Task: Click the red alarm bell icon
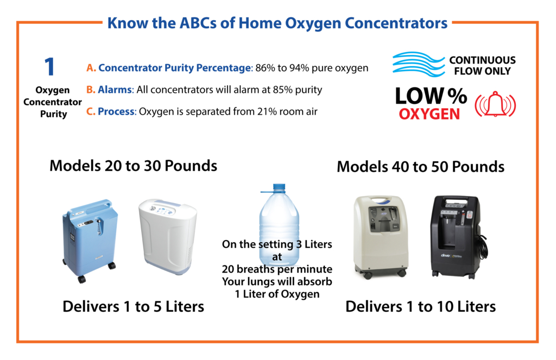(495, 104)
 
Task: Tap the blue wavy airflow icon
(419, 64)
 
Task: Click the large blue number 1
(49, 67)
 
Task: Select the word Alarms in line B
(115, 90)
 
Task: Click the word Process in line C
(116, 111)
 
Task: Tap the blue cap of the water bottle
(279, 188)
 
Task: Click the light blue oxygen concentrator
(90, 240)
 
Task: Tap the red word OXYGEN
(429, 114)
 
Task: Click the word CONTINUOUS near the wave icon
(482, 60)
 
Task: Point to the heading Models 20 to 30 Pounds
(134, 166)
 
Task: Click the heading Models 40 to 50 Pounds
(421, 167)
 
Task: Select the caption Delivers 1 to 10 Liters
(421, 306)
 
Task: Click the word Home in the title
(260, 23)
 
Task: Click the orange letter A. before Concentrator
(91, 68)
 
